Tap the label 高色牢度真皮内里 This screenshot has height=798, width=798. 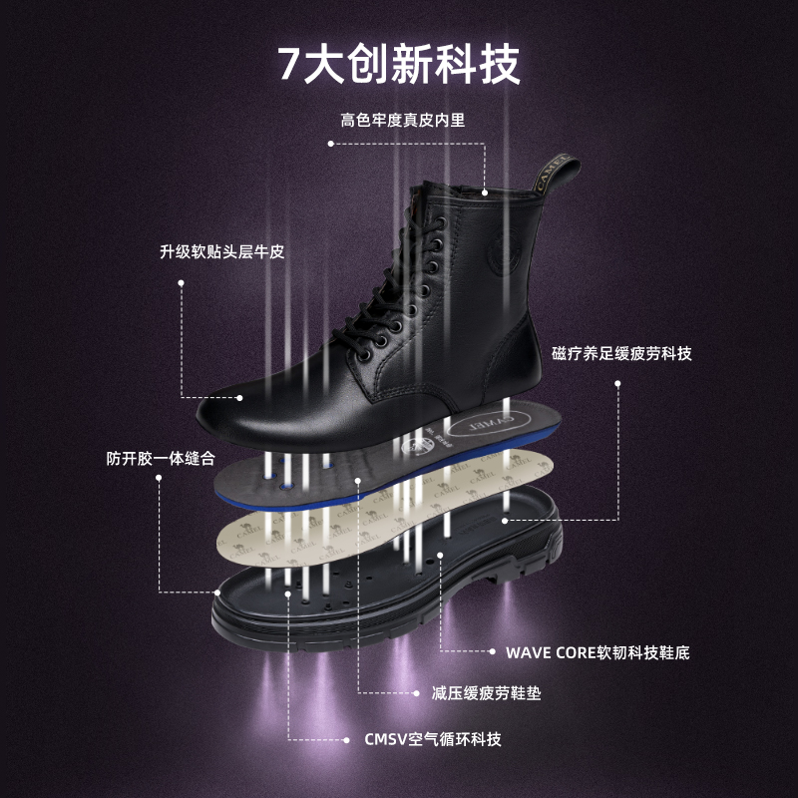click(403, 121)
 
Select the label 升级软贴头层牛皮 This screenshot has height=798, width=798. click(221, 252)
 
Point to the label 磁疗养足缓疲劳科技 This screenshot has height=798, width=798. click(621, 354)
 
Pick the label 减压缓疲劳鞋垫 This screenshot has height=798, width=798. click(486, 692)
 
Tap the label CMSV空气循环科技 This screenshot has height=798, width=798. click(432, 739)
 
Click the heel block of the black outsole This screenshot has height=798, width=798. click(539, 569)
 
